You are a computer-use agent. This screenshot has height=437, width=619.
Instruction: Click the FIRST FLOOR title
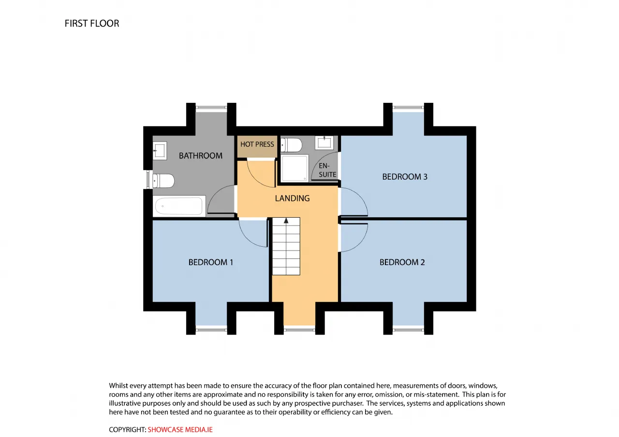point(92,24)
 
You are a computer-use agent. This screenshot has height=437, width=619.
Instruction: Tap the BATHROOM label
point(201,156)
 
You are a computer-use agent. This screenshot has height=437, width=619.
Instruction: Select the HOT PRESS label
point(257,144)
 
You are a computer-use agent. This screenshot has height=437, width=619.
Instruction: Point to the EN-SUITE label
point(327,170)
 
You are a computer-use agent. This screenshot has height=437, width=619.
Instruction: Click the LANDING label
point(292,198)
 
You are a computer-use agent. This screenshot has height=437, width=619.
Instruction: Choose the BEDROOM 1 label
point(210,262)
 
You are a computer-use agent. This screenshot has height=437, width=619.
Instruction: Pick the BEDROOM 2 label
point(402,262)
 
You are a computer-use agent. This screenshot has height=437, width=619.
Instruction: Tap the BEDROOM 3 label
point(405,177)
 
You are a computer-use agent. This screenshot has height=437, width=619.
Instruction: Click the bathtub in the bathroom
point(179,206)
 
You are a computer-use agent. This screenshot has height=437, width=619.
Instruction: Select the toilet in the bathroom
point(163,181)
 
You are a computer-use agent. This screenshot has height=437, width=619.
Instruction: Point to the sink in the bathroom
point(160,151)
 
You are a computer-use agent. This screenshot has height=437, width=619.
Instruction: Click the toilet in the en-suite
point(291,145)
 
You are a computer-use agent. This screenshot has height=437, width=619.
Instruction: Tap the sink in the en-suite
point(324,142)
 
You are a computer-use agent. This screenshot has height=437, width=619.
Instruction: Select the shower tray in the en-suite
point(295,168)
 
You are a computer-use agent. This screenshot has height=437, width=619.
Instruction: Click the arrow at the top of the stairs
point(286,221)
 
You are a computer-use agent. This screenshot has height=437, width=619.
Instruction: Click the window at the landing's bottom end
point(299,330)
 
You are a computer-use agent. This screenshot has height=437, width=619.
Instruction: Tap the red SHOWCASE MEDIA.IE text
point(180,430)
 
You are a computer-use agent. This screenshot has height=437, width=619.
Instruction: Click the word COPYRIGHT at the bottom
point(127,430)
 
